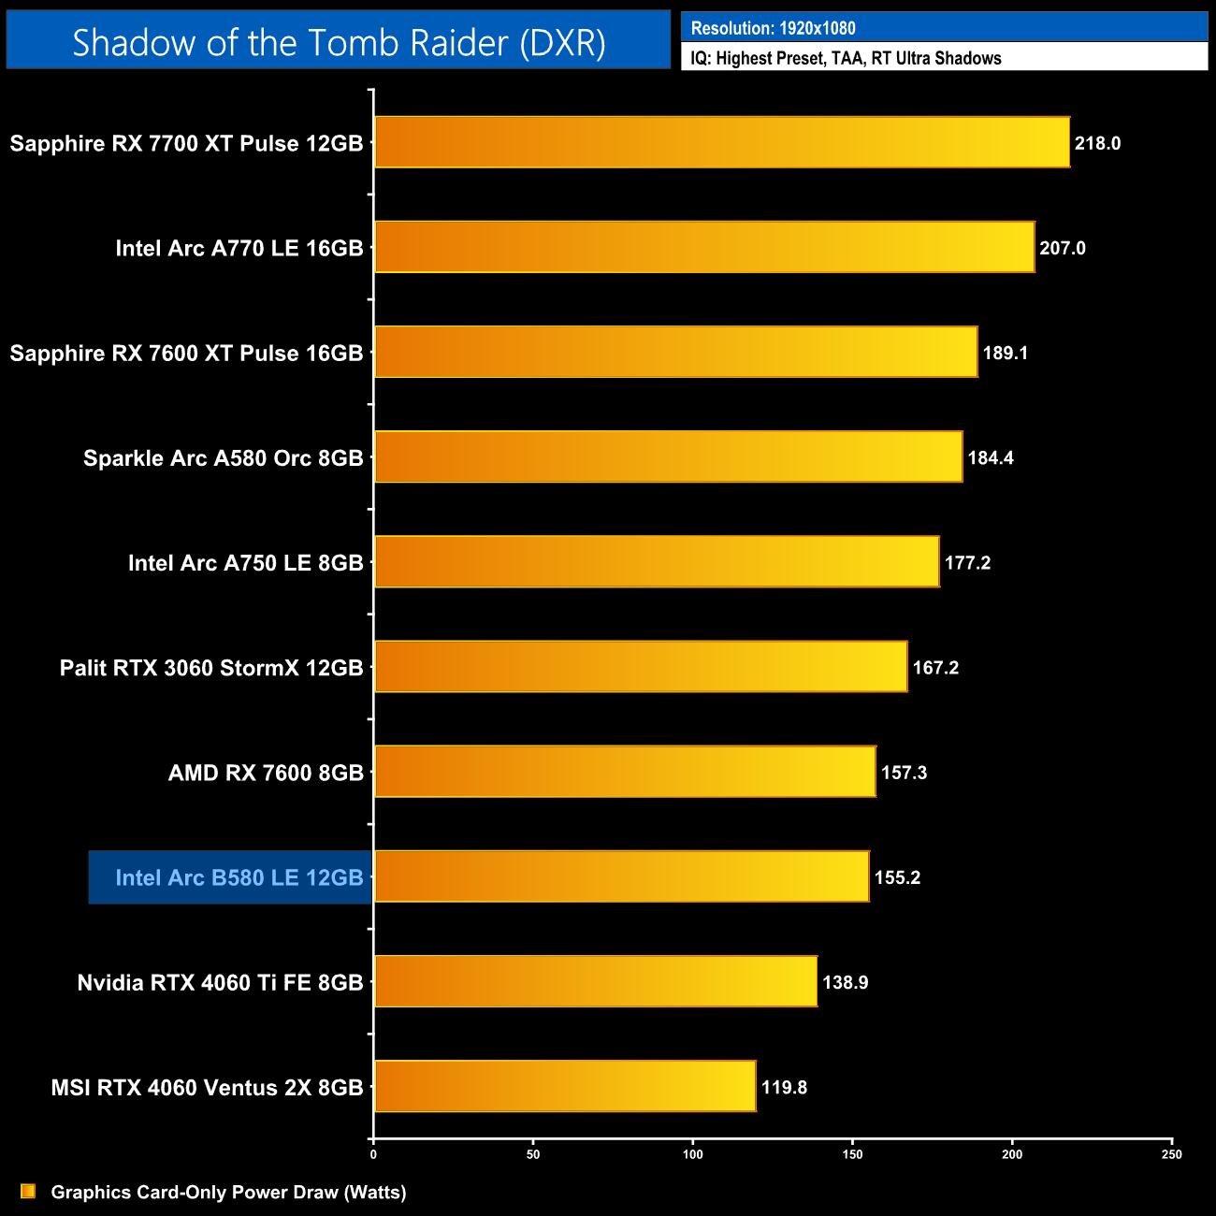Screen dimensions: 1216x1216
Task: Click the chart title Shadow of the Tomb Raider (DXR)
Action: [x=339, y=42]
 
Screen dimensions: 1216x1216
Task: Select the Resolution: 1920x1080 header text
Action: [x=773, y=28]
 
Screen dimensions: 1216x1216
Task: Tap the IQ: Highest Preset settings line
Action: [x=846, y=58]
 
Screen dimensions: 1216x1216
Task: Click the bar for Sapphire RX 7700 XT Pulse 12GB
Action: [x=721, y=142]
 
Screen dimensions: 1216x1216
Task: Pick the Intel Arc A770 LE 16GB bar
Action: [x=704, y=247]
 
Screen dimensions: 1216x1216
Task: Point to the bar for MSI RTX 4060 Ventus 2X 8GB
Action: [x=565, y=1086]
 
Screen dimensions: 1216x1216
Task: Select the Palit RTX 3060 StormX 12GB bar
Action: [x=641, y=667]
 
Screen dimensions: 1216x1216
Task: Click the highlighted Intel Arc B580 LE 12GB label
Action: [x=239, y=877]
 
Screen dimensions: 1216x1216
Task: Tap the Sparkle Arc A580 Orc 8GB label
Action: [x=223, y=458]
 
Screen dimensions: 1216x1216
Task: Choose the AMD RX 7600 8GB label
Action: [x=266, y=773]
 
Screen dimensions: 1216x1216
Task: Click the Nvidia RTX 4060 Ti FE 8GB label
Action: [x=220, y=982]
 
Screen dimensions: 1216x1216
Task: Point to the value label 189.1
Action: [x=1006, y=353]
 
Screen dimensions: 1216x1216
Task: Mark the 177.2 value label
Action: [x=967, y=562]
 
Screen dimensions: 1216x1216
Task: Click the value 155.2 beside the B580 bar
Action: [x=897, y=877]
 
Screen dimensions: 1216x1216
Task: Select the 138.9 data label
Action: [x=845, y=982]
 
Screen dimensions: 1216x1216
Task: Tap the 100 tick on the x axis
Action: [x=693, y=1154]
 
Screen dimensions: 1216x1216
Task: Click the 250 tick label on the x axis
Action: [x=1171, y=1154]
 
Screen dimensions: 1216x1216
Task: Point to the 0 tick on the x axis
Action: [x=373, y=1154]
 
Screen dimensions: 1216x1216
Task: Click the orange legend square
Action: [x=28, y=1191]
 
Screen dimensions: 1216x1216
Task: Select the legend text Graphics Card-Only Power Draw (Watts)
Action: [x=228, y=1192]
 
